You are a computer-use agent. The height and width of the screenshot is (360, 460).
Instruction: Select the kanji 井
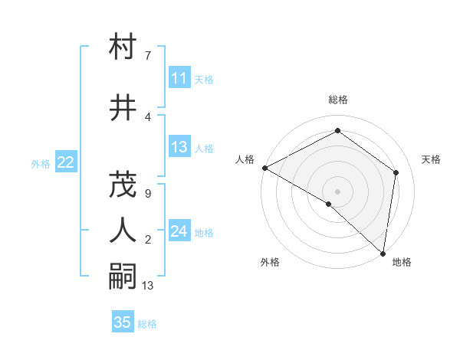tap(123, 108)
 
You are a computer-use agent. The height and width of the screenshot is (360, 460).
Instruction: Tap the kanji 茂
tap(123, 184)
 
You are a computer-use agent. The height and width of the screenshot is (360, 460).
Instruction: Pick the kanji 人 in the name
tap(123, 230)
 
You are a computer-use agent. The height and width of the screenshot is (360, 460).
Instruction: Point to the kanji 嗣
tap(123, 277)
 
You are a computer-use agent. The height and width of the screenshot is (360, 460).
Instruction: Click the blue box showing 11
tap(179, 78)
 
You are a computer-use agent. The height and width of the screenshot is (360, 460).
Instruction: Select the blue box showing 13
tap(179, 147)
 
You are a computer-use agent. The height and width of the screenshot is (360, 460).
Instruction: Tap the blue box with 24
tap(179, 231)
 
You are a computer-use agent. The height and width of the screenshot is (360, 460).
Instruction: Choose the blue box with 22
tap(65, 162)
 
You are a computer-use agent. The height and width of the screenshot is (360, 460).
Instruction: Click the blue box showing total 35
tap(123, 322)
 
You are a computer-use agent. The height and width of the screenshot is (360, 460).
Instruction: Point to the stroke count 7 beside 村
tap(147, 56)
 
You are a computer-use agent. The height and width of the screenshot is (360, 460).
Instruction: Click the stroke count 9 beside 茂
tap(147, 194)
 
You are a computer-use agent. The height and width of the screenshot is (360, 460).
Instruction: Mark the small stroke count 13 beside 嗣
tap(149, 286)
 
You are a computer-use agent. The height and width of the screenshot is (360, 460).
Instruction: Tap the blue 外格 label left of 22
tap(41, 163)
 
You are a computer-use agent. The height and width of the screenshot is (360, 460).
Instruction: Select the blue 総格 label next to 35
tap(147, 324)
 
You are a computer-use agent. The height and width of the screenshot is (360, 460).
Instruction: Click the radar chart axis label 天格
tap(431, 159)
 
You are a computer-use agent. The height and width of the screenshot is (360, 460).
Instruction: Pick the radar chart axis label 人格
tap(245, 159)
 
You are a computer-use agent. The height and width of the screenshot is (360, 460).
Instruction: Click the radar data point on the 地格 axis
tap(383, 253)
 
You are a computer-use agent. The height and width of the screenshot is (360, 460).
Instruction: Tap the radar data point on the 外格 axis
tap(329, 204)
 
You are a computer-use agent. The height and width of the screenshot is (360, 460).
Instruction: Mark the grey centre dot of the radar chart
tap(337, 191)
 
